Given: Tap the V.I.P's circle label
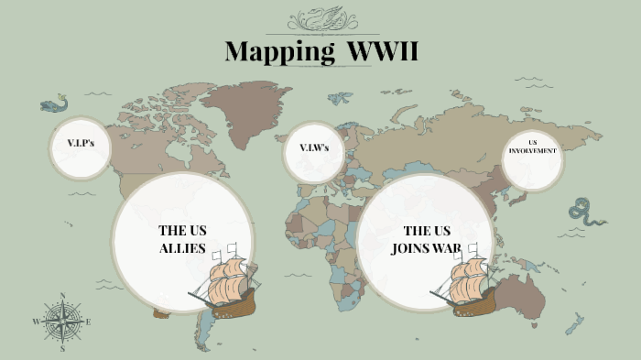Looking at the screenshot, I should [81, 145].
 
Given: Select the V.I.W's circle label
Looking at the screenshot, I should [314, 147].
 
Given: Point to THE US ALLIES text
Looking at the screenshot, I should [181, 239].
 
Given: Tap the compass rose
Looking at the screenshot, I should [62, 322].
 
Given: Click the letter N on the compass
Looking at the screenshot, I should [62, 296].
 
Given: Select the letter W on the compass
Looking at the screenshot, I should [37, 322].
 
